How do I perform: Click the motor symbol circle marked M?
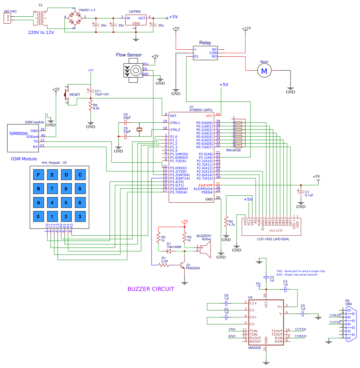[264, 71]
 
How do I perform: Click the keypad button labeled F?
[39, 175]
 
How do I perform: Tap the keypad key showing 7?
[52, 189]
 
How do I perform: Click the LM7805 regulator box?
[136, 20]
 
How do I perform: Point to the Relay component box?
[205, 52]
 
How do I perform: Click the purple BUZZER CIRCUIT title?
[150, 289]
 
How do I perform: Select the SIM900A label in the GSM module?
[19, 133]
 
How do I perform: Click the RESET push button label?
[75, 95]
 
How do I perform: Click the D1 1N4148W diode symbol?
[170, 251]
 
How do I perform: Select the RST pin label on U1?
[173, 116]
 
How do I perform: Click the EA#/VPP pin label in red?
[205, 185]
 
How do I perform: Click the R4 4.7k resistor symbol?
[226, 222]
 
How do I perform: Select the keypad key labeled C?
[80, 175]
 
